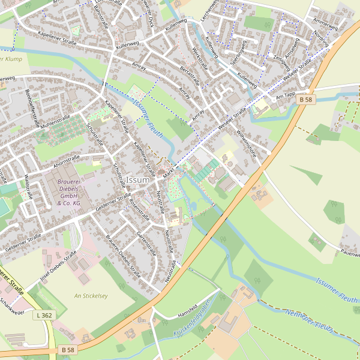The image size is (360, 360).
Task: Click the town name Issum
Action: point(138,180)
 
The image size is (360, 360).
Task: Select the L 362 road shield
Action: point(44,315)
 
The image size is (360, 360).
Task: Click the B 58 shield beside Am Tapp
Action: point(305,99)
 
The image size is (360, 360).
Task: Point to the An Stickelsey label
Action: point(91,296)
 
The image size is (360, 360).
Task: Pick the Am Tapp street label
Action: point(286,96)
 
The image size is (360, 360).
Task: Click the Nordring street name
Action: point(321,41)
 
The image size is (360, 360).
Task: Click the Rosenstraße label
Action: point(139,207)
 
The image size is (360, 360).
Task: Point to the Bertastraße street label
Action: point(190,73)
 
